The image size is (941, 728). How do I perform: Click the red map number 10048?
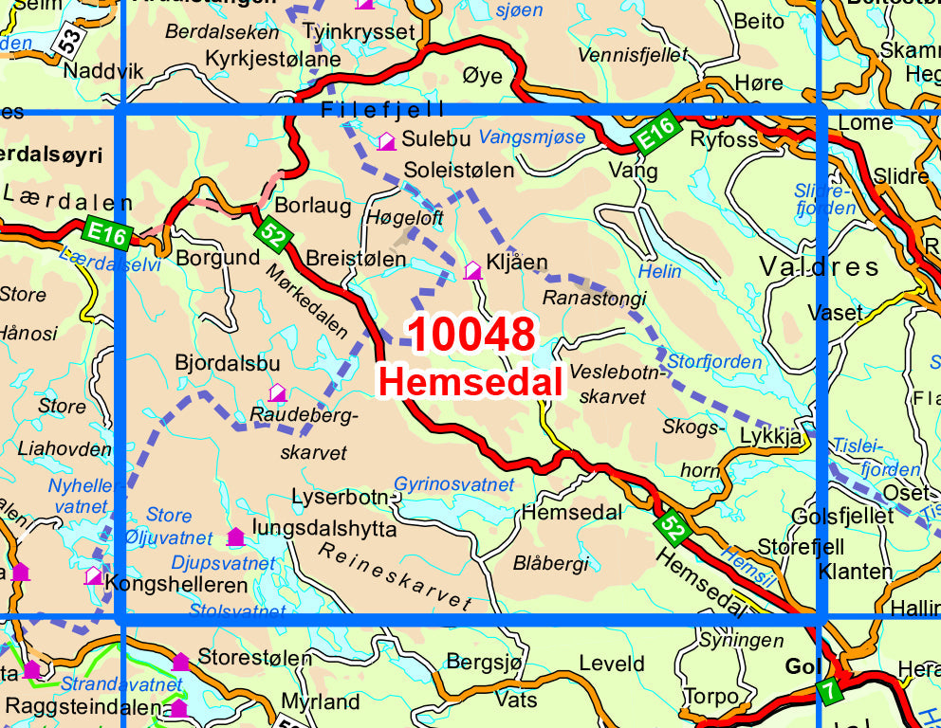click(x=472, y=336)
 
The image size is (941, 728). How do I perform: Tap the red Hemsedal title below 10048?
click(x=470, y=382)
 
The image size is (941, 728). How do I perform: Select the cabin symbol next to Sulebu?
click(x=386, y=142)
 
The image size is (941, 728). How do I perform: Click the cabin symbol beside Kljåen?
click(x=471, y=271)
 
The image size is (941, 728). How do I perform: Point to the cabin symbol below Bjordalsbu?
click(x=277, y=391)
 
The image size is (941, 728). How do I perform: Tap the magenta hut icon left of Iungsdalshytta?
click(x=235, y=537)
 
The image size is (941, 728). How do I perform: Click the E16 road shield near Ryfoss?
click(x=655, y=133)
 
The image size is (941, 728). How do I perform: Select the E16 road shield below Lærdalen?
click(x=105, y=232)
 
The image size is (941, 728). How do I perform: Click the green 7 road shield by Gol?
click(x=830, y=692)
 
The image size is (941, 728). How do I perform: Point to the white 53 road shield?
click(x=67, y=40)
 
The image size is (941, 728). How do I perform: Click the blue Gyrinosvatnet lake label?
click(x=454, y=484)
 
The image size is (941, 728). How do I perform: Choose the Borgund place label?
click(x=217, y=257)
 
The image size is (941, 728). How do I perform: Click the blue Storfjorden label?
click(x=714, y=362)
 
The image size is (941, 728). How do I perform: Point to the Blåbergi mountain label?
click(x=550, y=563)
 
